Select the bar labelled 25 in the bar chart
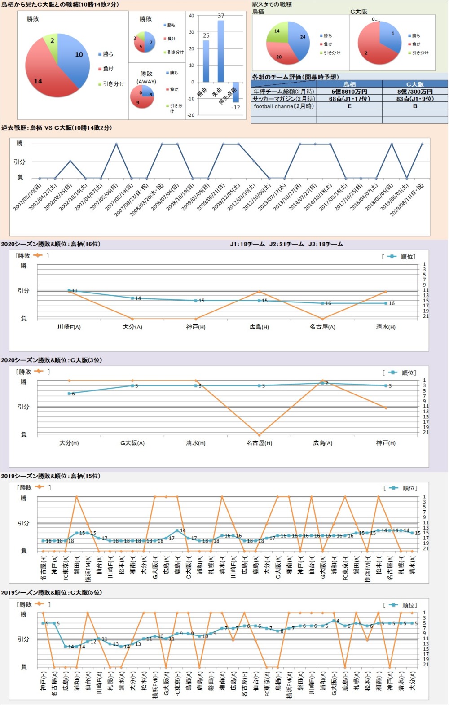coord(206,61)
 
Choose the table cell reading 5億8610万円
coord(349,92)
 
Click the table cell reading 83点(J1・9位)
coord(415,99)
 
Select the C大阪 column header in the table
coord(415,84)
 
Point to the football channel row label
coord(283,106)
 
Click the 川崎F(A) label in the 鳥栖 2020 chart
coord(69,327)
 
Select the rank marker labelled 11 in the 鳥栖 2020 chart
coord(69,290)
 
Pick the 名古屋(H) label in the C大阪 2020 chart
coord(259,443)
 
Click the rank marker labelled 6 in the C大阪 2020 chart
coord(69,394)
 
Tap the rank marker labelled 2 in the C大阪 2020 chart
coord(322,383)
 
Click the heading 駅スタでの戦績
coord(272,4)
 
